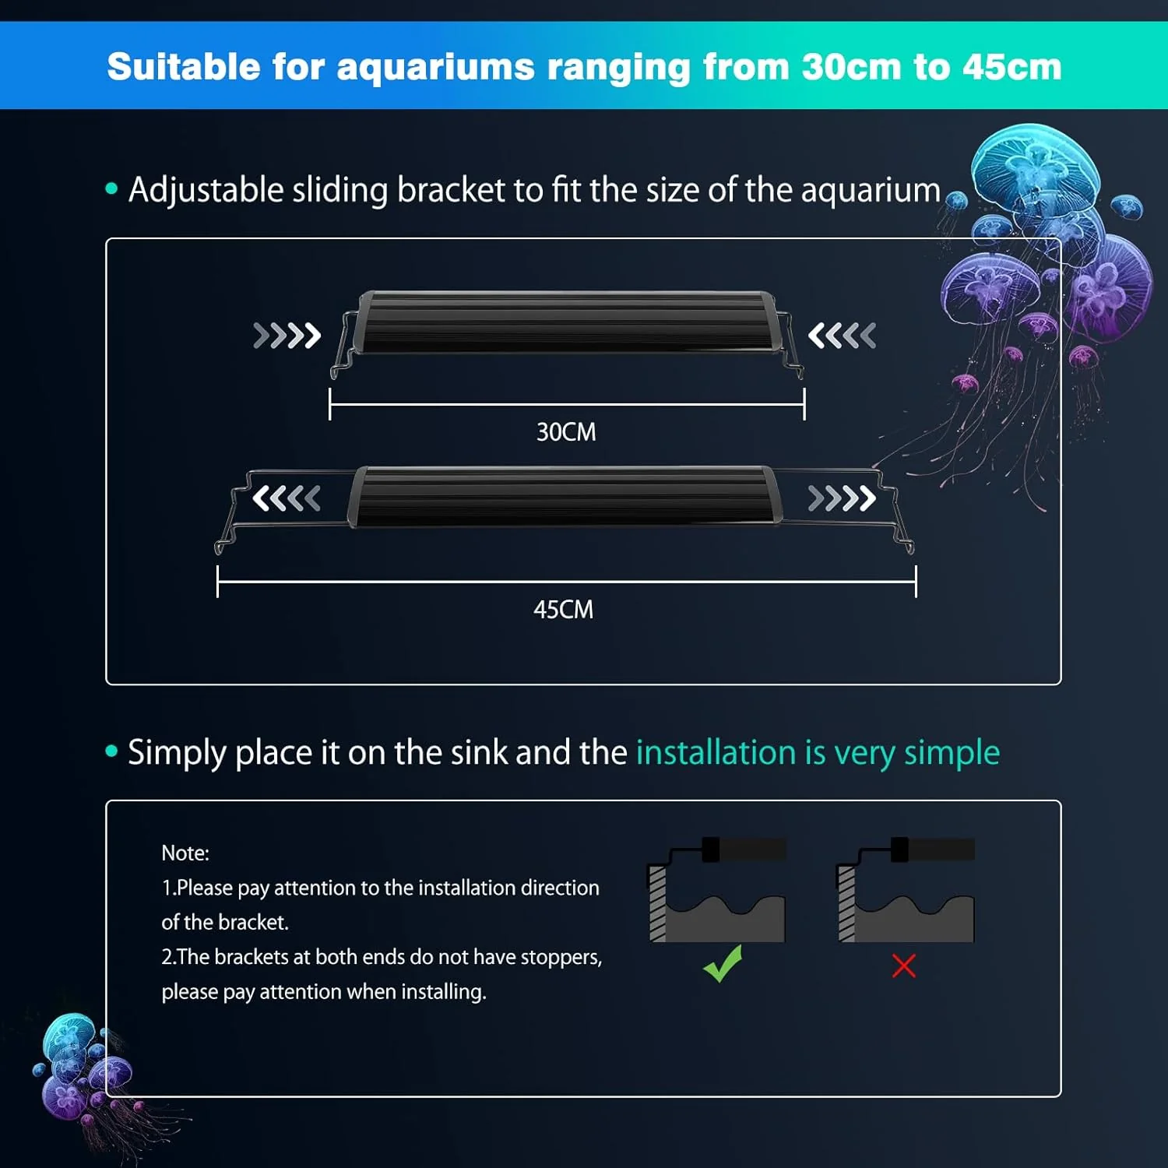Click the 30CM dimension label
pos(566,432)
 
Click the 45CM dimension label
pos(563,609)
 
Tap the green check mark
pos(723,964)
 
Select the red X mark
pos(903,966)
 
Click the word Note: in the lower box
pos(185,853)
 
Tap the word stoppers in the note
pos(561,957)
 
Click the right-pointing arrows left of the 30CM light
pos(287,336)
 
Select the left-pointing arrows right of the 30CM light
pos(842,336)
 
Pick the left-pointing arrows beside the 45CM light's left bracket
pos(287,498)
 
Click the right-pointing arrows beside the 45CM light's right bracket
pos(842,498)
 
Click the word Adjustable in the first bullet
pos(206,191)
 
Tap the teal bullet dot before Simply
pos(111,751)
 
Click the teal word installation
pos(716,752)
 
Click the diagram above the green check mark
pos(716,889)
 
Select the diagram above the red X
pos(906,889)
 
